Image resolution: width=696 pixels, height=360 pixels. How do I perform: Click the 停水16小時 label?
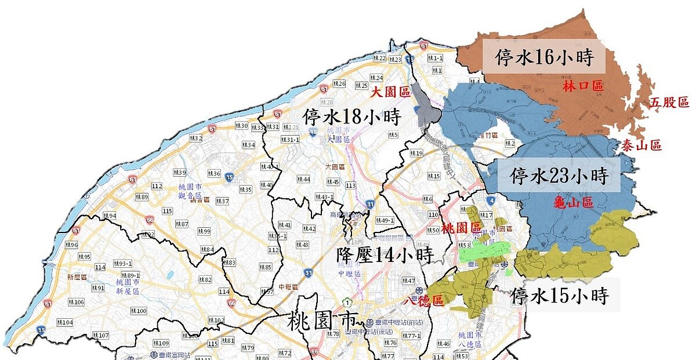click(x=543, y=57)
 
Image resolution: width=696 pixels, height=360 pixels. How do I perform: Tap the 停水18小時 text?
click(x=352, y=117)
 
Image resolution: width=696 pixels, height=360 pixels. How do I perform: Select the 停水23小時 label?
click(x=558, y=175)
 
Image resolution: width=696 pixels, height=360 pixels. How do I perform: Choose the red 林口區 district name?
click(x=583, y=86)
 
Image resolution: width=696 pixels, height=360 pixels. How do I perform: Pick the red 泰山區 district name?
click(x=641, y=145)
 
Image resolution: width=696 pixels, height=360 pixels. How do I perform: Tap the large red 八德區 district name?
click(x=423, y=301)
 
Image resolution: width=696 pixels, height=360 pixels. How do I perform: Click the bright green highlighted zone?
click(x=484, y=253)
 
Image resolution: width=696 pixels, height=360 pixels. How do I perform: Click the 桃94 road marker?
click(x=110, y=216)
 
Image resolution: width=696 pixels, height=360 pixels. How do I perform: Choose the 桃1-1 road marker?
click(x=435, y=58)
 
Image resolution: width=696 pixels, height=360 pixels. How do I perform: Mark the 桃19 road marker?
click(x=416, y=154)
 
